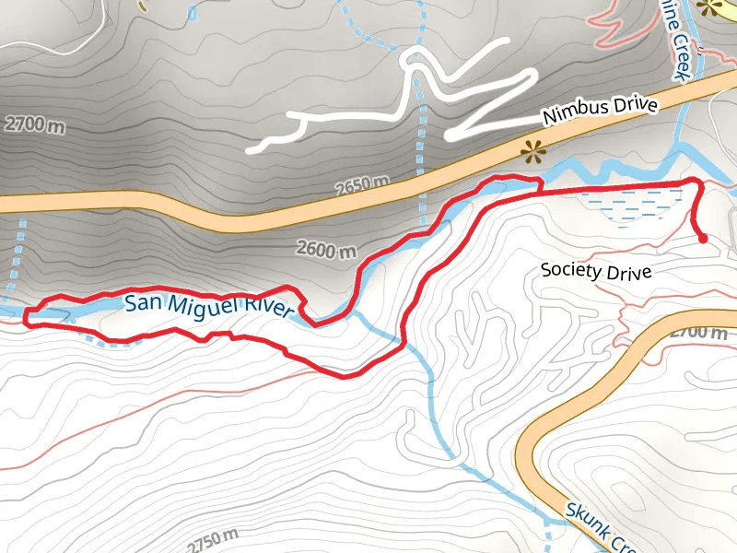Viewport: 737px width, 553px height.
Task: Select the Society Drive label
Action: click(596, 271)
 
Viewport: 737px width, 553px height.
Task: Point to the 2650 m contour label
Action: click(360, 185)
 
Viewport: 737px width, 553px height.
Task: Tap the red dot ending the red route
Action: click(703, 239)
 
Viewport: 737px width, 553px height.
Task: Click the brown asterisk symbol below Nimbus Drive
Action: click(532, 152)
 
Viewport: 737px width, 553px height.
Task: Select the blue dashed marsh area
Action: click(636, 205)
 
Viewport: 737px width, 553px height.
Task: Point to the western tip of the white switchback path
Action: click(252, 148)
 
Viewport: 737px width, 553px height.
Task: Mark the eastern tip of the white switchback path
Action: click(508, 42)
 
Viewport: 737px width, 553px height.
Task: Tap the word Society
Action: click(571, 270)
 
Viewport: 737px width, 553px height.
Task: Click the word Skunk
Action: click(584, 517)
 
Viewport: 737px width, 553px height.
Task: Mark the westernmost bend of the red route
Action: click(27, 316)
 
